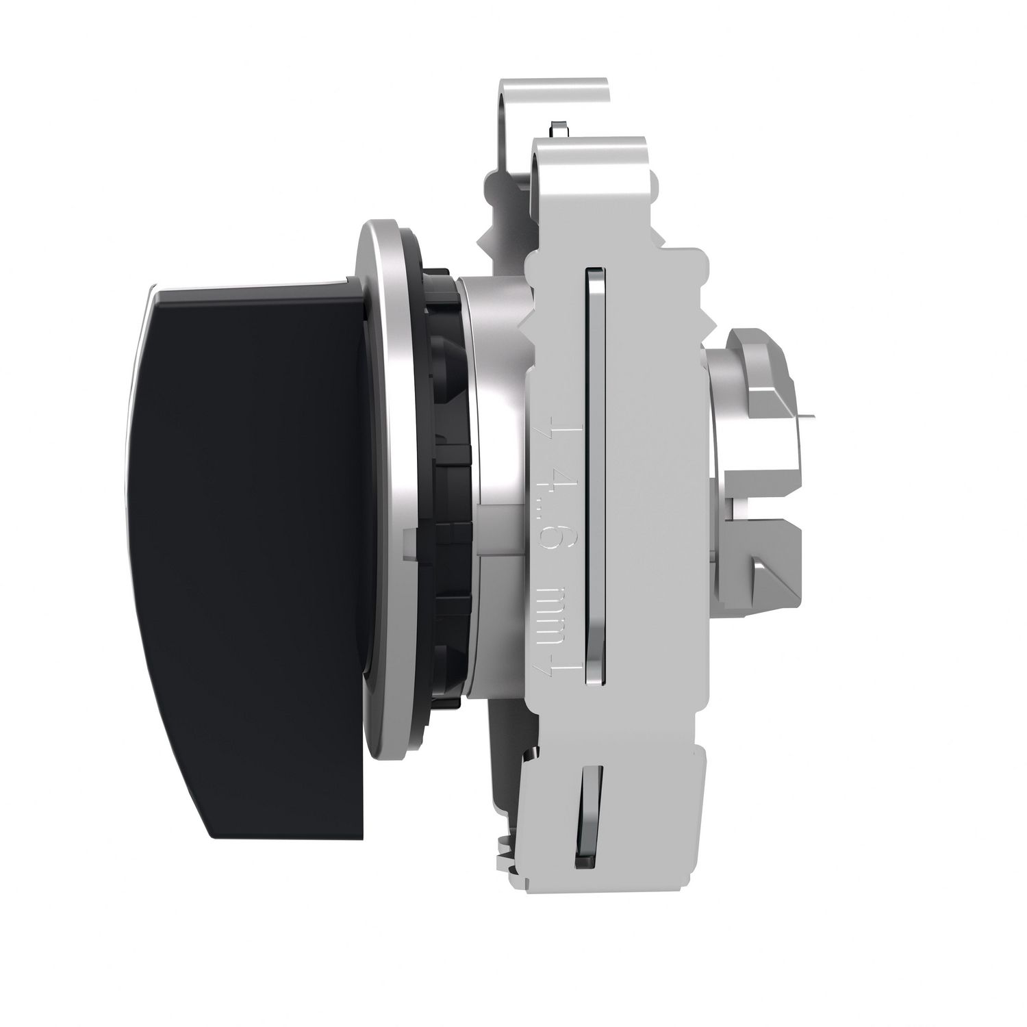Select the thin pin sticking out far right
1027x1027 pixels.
(x=808, y=415)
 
